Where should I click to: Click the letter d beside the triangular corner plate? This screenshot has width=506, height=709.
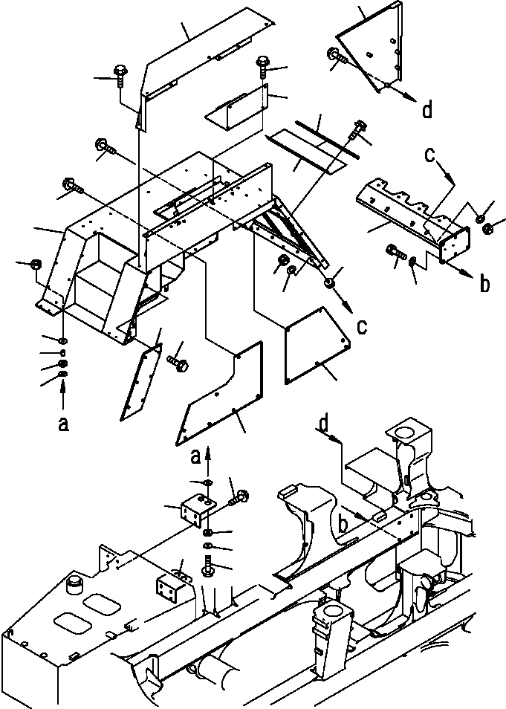[426, 109]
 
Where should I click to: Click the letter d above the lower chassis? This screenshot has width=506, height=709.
[323, 424]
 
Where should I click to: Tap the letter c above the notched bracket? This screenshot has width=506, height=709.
[429, 155]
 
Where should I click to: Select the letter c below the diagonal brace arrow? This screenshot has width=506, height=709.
[362, 327]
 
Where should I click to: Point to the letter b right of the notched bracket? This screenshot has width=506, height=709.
[484, 283]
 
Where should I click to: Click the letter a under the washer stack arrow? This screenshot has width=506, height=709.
[64, 424]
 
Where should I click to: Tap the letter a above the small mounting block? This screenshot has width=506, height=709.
[195, 457]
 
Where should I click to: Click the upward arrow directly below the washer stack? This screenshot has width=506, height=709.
[63, 395]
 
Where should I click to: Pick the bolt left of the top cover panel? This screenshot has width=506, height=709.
[120, 76]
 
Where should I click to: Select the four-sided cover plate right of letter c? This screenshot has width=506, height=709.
[317, 346]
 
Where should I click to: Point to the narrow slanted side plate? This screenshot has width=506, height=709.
[141, 382]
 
